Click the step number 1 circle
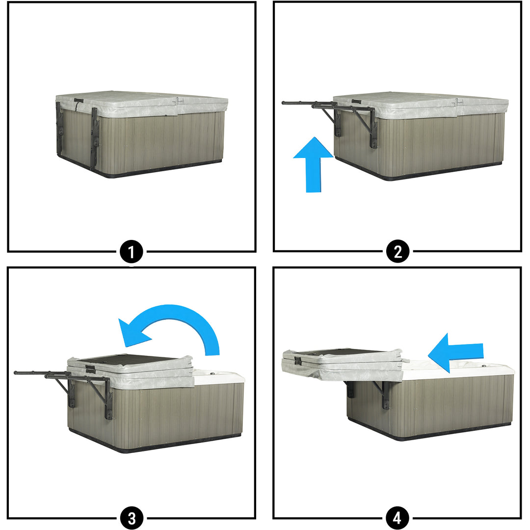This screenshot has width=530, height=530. tap(132, 252)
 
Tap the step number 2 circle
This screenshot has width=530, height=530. tap(398, 252)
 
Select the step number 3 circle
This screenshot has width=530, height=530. tap(132, 518)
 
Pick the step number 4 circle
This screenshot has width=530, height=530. tap(397, 518)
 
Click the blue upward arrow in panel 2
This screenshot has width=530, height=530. tap(313, 164)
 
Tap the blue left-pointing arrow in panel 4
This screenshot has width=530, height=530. tap(455, 353)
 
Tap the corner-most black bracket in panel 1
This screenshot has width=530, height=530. tap(94, 138)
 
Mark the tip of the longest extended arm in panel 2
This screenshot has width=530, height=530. tap(283, 103)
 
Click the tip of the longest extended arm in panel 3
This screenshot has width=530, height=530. tap(16, 373)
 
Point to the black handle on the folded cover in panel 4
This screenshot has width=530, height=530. tap(298, 360)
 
